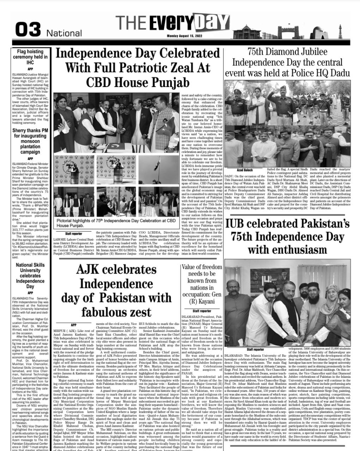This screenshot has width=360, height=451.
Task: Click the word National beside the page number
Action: coord(64,33)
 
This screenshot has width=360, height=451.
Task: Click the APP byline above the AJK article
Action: coord(73,325)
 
